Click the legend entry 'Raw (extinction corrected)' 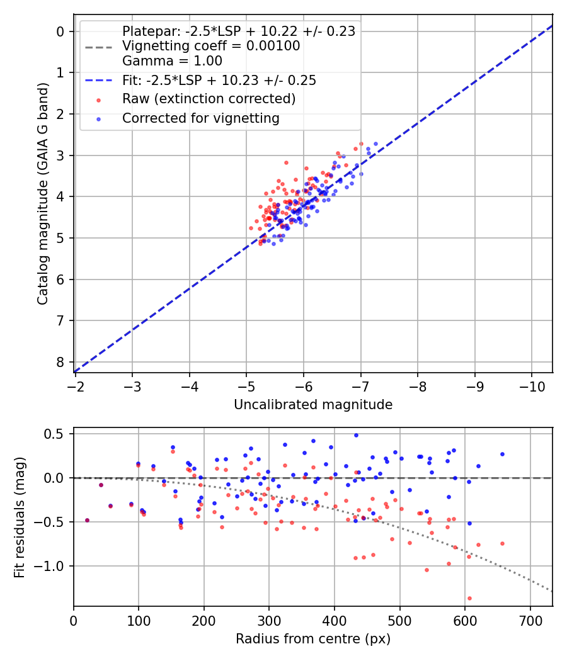[209, 99]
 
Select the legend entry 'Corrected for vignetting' [200, 118]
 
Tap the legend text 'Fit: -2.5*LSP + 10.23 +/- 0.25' [219, 80]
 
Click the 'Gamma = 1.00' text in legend [172, 61]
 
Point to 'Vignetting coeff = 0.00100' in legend [211, 46]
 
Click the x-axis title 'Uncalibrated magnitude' [313, 405]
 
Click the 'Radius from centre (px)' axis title [313, 639]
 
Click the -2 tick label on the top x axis [75, 385]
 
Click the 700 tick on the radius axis [530, 619]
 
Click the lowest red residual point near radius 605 [469, 598]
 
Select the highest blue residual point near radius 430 [356, 435]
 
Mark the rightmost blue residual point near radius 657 [502, 454]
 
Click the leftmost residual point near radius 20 [87, 520]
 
